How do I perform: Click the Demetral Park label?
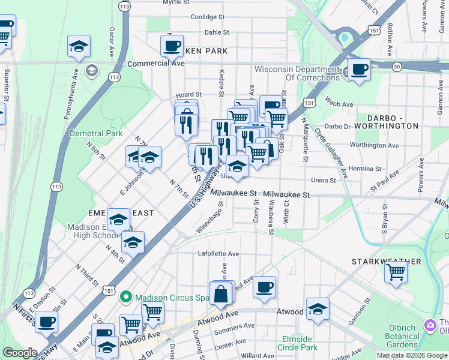(96, 133)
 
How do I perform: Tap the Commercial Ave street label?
(155, 62)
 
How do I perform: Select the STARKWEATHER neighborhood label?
(386, 262)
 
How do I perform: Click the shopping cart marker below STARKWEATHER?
(396, 272)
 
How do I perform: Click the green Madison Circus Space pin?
(125, 297)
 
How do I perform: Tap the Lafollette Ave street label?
(218, 254)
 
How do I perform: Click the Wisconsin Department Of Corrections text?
(297, 73)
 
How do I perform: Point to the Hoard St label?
(188, 95)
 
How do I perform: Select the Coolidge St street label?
(207, 17)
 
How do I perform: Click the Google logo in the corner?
(20, 353)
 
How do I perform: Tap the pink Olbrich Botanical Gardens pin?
(430, 325)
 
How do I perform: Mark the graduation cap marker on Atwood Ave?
(318, 309)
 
